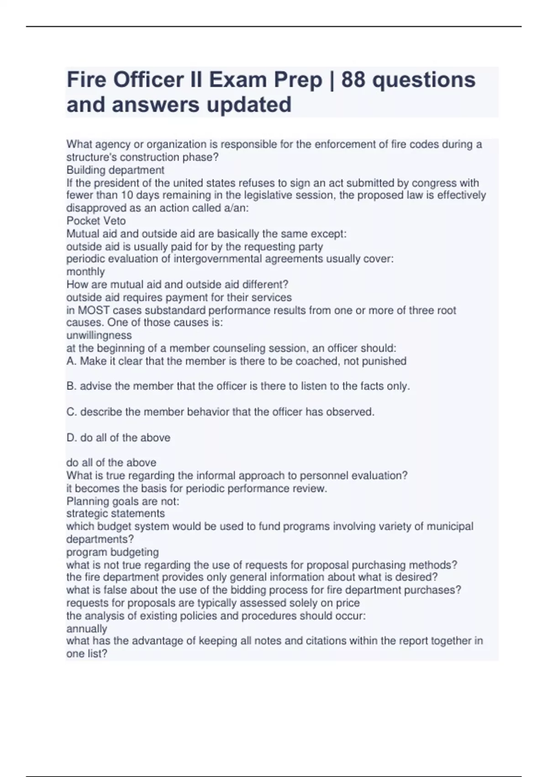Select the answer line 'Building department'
115,170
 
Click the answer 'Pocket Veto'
96,221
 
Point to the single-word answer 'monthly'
85,271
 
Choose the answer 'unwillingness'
99,335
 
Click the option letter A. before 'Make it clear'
72,361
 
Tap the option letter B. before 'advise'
72,386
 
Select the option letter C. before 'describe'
72,412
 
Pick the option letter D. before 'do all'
72,437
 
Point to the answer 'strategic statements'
116,513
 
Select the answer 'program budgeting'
112,552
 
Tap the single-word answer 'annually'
86,628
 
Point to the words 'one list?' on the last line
87,654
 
